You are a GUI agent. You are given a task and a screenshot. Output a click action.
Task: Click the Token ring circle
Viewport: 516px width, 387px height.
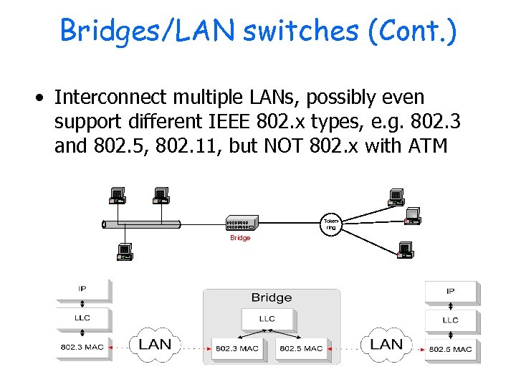pyautogui.click(x=330, y=224)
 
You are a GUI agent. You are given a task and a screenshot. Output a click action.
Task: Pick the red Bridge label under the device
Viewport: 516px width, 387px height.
pyautogui.click(x=240, y=238)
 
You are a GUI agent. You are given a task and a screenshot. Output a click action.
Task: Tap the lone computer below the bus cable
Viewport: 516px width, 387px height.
pyautogui.click(x=124, y=251)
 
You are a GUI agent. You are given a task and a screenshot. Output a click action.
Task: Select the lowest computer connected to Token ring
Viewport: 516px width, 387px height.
pyautogui.click(x=404, y=250)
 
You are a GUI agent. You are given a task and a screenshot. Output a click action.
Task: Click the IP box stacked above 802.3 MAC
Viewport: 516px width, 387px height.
pyautogui.click(x=82, y=289)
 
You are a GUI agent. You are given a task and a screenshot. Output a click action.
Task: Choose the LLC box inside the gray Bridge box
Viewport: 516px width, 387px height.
pyautogui.click(x=266, y=318)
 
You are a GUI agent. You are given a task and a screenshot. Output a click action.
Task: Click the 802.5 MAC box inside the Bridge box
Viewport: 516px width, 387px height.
pyautogui.click(x=301, y=348)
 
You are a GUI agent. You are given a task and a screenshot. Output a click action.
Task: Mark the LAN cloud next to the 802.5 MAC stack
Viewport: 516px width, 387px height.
pyautogui.click(x=386, y=345)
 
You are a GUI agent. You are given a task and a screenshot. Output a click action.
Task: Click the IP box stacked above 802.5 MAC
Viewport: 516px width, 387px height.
pyautogui.click(x=450, y=292)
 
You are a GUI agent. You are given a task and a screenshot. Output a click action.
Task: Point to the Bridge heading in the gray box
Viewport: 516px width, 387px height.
pyautogui.click(x=271, y=297)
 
